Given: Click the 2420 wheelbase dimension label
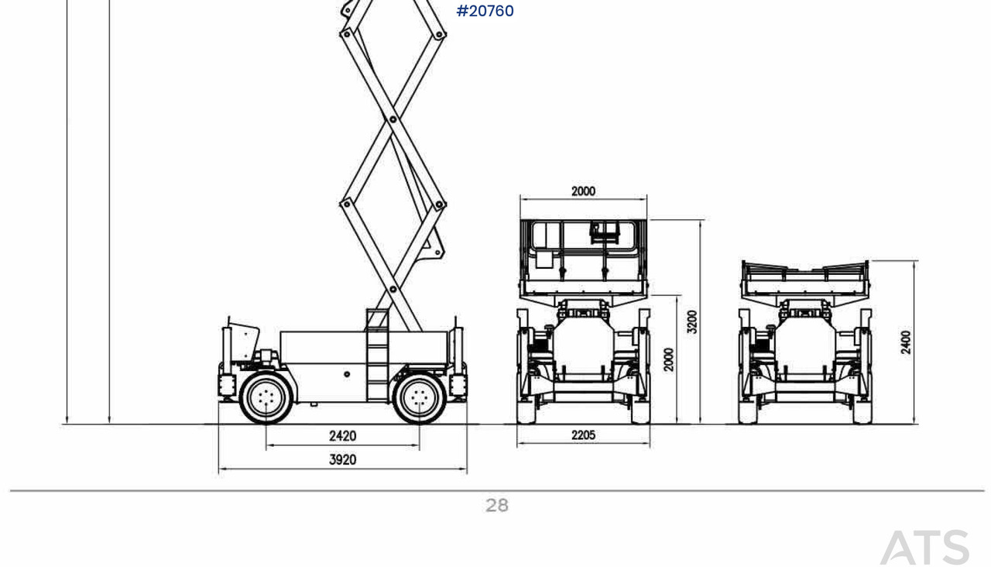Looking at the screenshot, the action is pyautogui.click(x=342, y=436).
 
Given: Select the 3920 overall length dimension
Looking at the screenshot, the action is pyautogui.click(x=342, y=460).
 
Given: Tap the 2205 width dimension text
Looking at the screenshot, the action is pyautogui.click(x=583, y=435).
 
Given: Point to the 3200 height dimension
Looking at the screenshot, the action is pyautogui.click(x=692, y=321).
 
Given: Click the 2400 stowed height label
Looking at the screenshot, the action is pyautogui.click(x=906, y=342).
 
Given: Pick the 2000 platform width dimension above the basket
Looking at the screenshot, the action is pyautogui.click(x=583, y=191).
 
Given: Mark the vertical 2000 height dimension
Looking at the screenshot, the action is pyautogui.click(x=668, y=359).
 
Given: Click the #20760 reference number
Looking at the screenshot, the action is pyautogui.click(x=485, y=11).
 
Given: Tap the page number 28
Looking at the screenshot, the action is pyautogui.click(x=497, y=506).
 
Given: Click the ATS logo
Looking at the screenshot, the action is pyautogui.click(x=924, y=547).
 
